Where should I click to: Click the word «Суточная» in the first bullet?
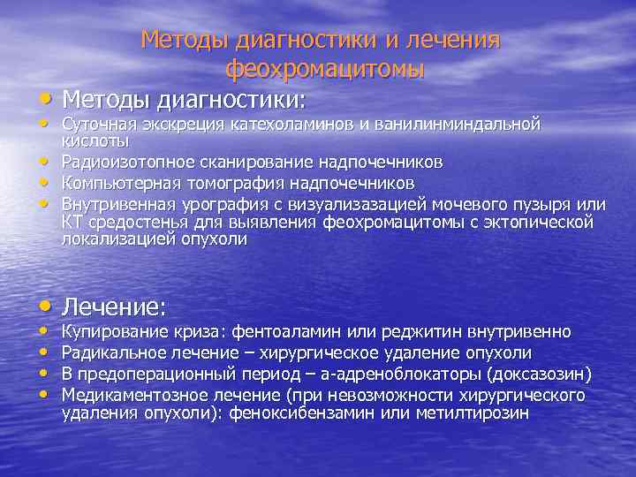point(98,124)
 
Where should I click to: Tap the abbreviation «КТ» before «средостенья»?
point(72,221)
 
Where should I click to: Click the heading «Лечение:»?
point(115,307)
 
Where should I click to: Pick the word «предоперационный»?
point(158,372)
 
